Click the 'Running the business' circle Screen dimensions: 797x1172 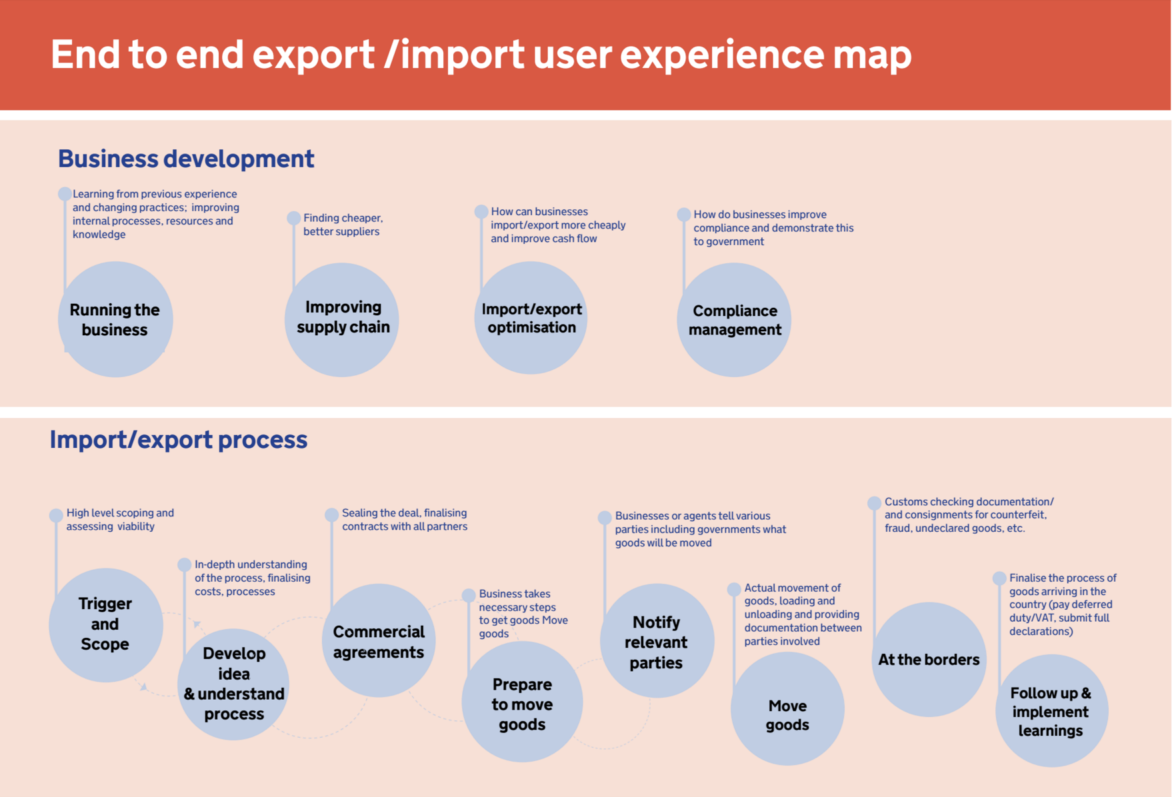(x=115, y=319)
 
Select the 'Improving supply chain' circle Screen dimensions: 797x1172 (x=342, y=319)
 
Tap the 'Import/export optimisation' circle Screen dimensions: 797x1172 (x=531, y=318)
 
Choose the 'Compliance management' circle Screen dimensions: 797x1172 (x=734, y=320)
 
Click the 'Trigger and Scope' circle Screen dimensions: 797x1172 (x=105, y=624)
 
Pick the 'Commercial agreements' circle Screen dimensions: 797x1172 (x=379, y=640)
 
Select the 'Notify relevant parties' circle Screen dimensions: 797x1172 (x=657, y=640)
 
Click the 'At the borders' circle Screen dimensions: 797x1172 (x=929, y=659)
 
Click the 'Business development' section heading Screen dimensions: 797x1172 (x=186, y=159)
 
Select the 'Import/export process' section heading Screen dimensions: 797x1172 (x=179, y=440)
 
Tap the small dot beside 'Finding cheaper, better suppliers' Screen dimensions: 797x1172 (x=293, y=218)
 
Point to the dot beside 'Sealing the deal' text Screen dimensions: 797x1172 (x=331, y=514)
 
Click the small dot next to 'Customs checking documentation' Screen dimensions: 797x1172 (x=874, y=503)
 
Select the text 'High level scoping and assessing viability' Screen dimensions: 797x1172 (x=120, y=520)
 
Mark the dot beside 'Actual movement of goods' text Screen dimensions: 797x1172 (x=734, y=589)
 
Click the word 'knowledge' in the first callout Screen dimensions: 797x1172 (x=99, y=235)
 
